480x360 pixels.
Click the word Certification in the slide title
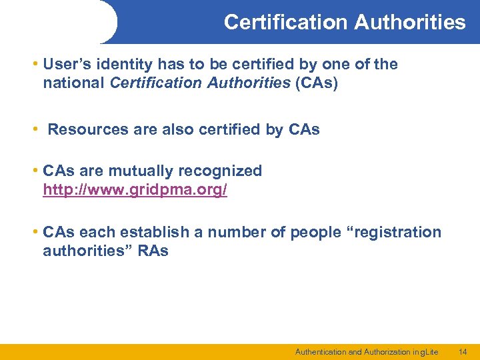point(285,22)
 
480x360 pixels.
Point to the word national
point(73,84)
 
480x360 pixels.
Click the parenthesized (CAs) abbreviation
point(316,84)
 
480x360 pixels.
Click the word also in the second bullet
point(179,129)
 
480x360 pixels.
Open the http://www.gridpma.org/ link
point(135,190)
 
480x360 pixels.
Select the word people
point(312,232)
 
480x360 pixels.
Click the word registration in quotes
point(395,232)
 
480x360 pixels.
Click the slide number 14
point(463,351)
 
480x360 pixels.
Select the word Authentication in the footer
point(320,351)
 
